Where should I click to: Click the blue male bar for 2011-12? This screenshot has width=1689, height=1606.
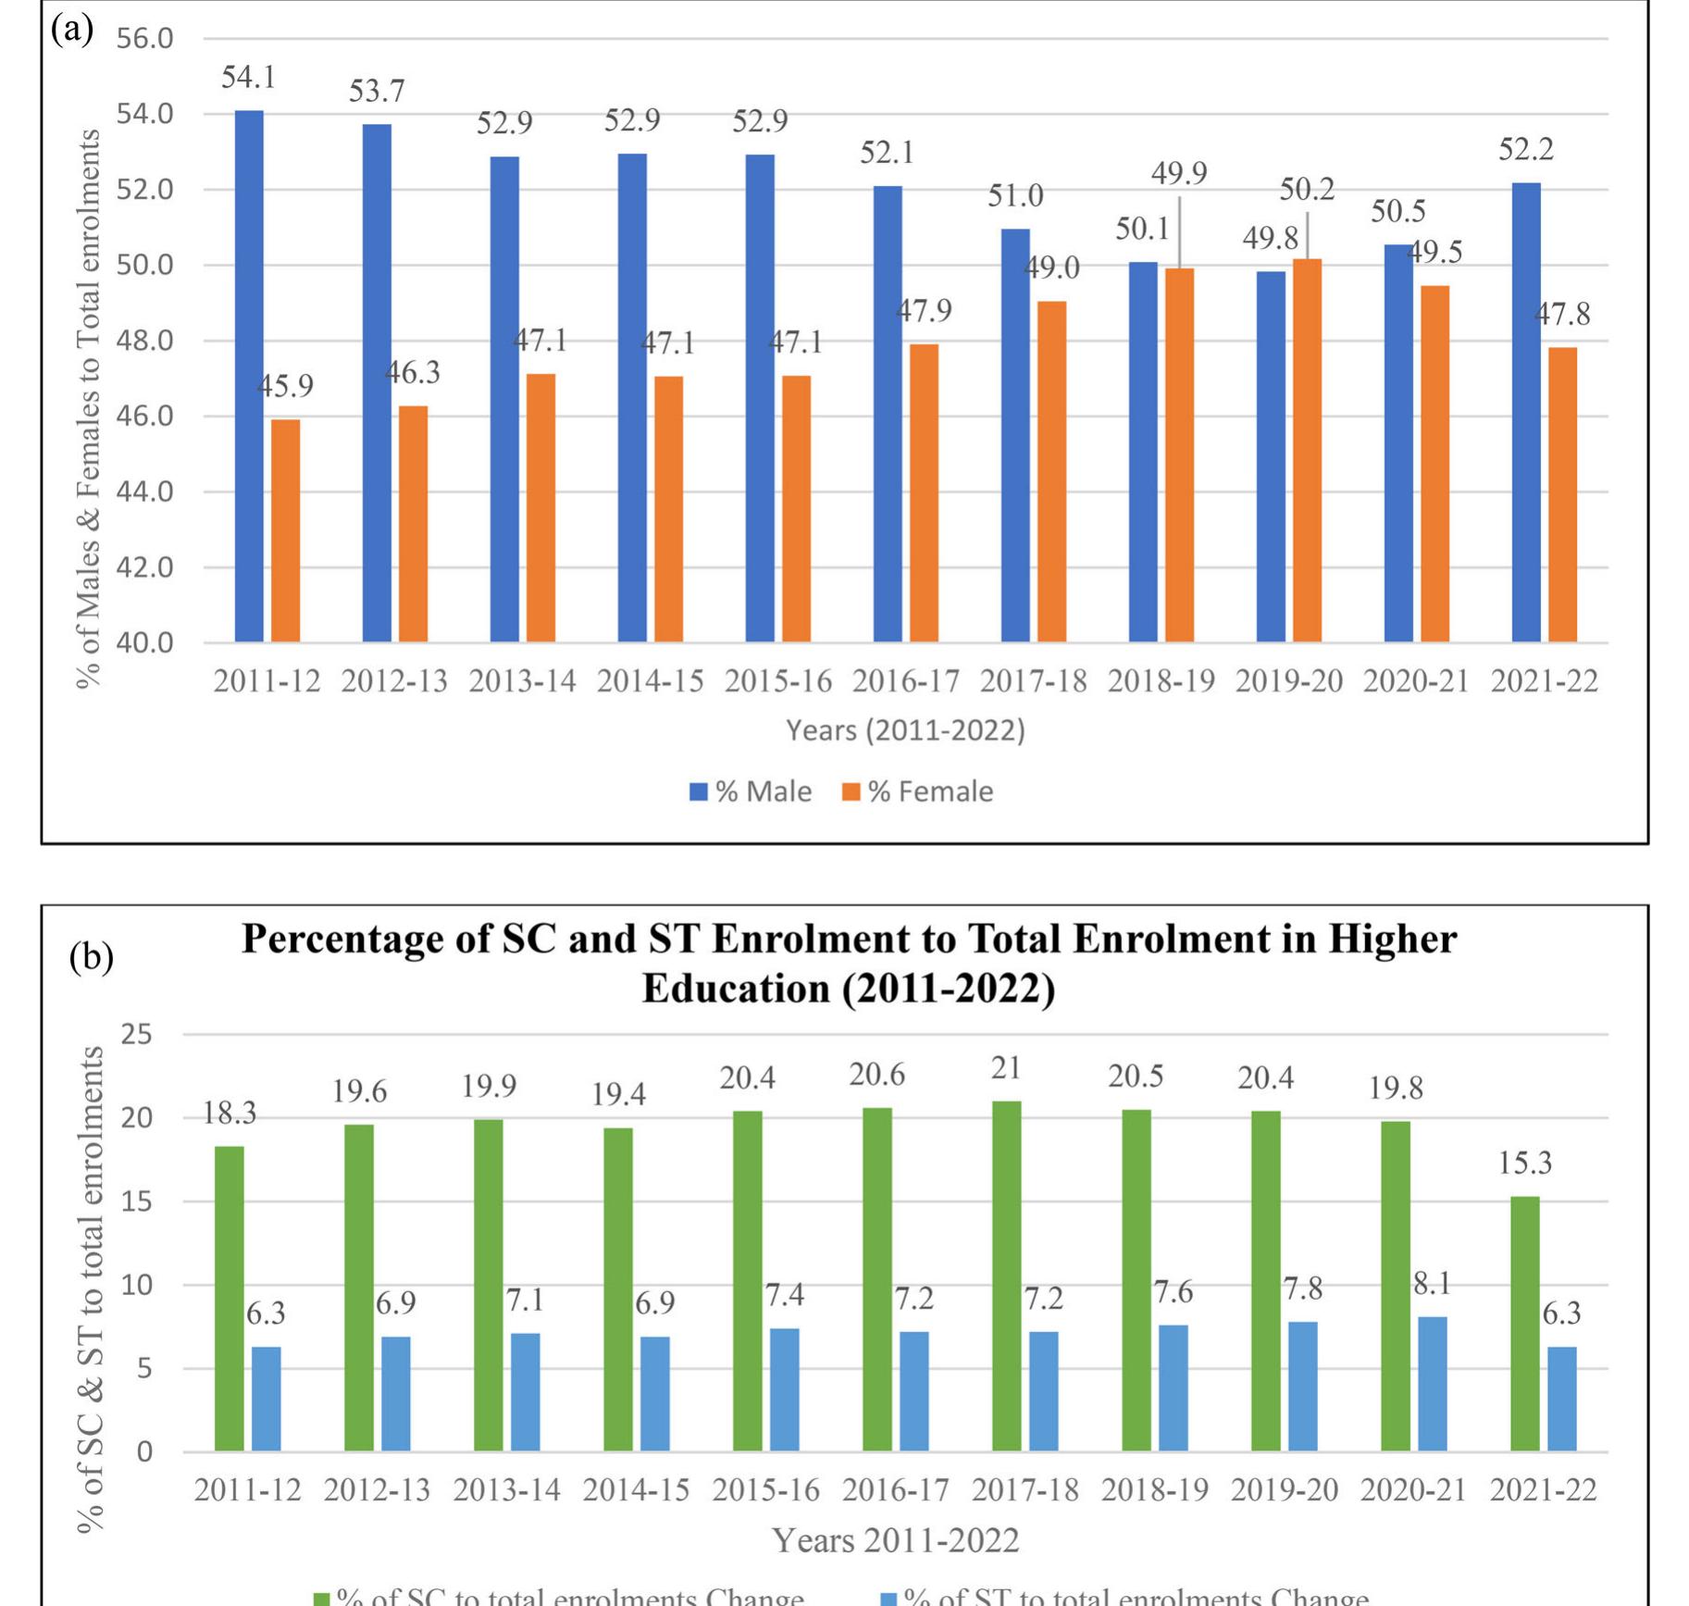(249, 376)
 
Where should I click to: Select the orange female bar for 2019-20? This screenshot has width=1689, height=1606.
(1307, 450)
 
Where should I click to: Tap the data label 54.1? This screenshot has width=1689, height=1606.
(248, 78)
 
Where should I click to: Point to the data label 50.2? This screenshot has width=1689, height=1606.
(1307, 190)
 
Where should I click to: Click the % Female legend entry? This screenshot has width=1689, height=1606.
(918, 791)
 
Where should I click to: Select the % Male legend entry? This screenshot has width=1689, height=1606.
(751, 791)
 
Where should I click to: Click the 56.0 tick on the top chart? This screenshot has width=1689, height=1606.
(144, 38)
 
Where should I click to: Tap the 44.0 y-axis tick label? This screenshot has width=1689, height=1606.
(144, 492)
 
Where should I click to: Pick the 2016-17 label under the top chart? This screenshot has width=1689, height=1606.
(905, 681)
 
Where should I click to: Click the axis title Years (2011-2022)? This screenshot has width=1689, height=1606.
(905, 730)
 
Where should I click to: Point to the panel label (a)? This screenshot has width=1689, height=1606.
(72, 30)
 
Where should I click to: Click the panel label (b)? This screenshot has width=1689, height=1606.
(91, 956)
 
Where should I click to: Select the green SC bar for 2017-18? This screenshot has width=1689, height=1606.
(1006, 1276)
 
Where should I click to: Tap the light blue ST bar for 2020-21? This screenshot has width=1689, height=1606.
(1432, 1383)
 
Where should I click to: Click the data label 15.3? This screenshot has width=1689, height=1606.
(1524, 1163)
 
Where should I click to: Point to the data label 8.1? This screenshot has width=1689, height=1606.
(1432, 1284)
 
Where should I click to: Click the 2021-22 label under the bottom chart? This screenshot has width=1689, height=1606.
(1543, 1490)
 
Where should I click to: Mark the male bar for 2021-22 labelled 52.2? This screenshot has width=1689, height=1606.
(1525, 412)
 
